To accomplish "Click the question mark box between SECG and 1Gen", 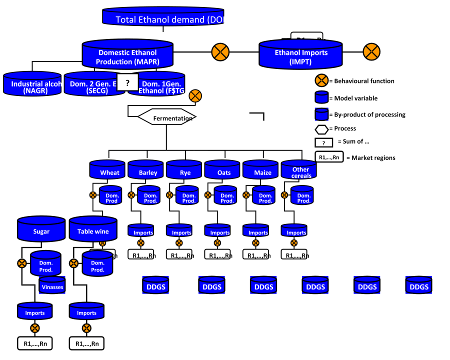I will click(127, 83).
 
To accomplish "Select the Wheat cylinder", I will click(107, 170).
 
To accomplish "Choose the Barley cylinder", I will click(145, 170).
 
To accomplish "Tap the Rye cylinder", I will click(184, 170).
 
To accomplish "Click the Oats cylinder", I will click(222, 170).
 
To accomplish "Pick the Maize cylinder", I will click(260, 170).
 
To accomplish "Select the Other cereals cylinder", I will click(299, 170).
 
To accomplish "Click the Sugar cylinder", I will click(41, 229).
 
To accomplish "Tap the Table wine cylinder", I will click(93, 229).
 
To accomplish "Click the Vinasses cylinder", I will click(52, 286).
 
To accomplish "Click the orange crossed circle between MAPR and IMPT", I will click(220, 52).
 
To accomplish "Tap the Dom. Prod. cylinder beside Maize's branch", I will click(264, 196).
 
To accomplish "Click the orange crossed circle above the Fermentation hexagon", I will click(195, 96).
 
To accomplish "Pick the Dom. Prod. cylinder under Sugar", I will click(46, 264).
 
